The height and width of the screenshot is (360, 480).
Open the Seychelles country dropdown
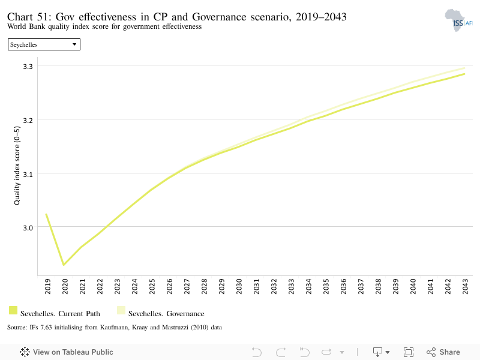44,44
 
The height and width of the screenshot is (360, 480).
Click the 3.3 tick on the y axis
28,67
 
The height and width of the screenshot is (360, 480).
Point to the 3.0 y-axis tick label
28,228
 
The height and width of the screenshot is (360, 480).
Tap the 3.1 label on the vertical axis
28,175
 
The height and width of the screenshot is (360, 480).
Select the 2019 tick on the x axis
47,286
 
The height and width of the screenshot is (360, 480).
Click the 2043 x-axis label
465,286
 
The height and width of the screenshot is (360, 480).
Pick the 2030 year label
239,286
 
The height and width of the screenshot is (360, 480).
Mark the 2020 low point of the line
64,265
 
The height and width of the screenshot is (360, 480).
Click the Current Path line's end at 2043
464,74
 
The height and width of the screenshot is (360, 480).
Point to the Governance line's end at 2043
464,68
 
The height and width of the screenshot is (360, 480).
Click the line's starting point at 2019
46,214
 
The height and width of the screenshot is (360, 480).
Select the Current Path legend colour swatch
13,310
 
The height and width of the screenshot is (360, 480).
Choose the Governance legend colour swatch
121,310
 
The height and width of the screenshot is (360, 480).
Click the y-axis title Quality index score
17,166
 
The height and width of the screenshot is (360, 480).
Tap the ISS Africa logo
458,20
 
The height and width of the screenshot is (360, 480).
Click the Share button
443,352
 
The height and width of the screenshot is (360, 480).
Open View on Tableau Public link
67,352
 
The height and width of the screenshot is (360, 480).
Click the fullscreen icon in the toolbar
409,352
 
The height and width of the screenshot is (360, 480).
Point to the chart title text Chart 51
29,17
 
